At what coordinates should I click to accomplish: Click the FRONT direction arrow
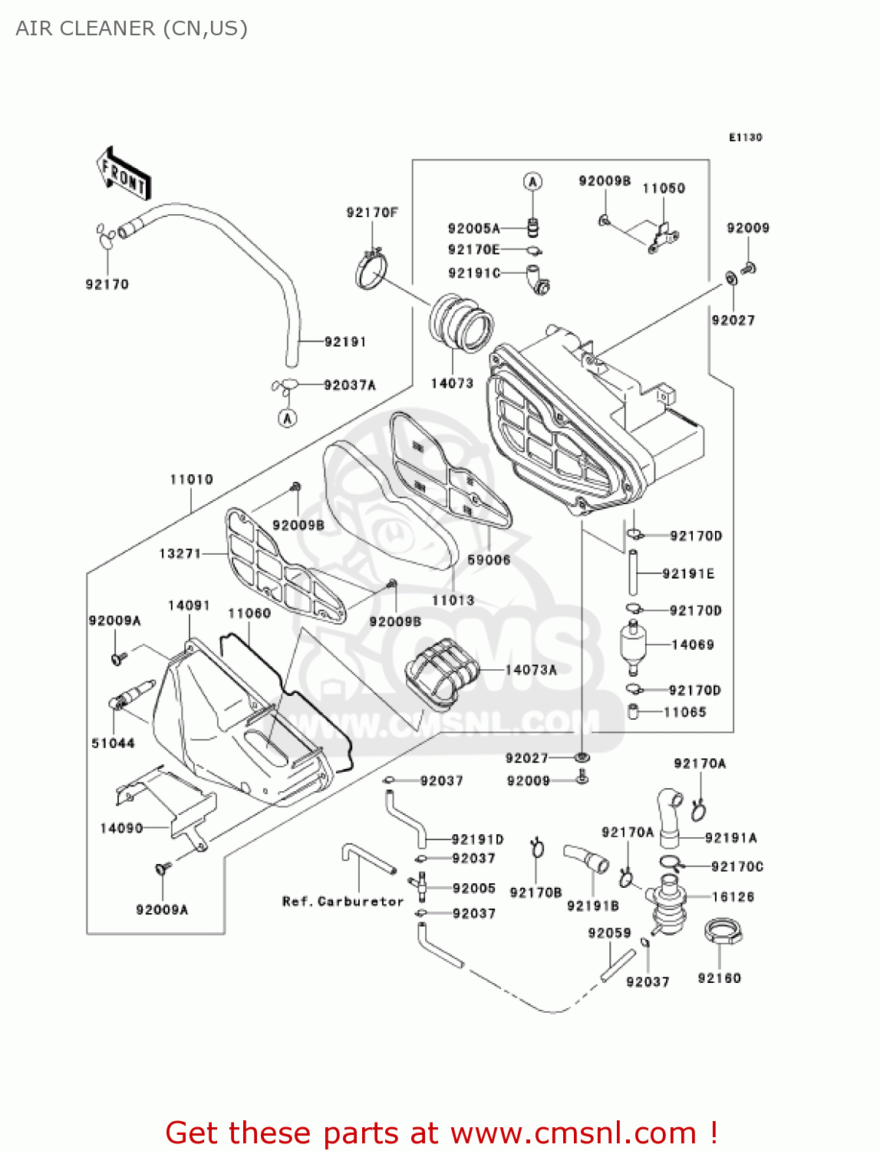tap(123, 174)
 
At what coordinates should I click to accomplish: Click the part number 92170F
tap(372, 213)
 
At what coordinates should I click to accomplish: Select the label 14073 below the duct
tap(452, 383)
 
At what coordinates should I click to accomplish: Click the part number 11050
tap(664, 189)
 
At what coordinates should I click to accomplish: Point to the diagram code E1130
tap(745, 137)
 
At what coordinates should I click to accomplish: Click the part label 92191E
tap(688, 574)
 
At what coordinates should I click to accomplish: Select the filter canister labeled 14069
tap(633, 644)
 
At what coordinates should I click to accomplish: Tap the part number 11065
tap(684, 712)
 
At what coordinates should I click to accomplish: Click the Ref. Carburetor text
tap(343, 902)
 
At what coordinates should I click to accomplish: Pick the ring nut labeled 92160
tap(720, 934)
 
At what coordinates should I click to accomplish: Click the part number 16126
tap(733, 896)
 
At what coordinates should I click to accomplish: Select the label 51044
tap(113, 743)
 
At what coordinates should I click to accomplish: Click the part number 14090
tap(121, 828)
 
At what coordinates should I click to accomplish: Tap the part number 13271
tap(180, 553)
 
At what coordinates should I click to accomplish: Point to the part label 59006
tap(489, 560)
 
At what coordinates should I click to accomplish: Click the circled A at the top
tap(532, 182)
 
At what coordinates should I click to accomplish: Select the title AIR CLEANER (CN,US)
tap(131, 28)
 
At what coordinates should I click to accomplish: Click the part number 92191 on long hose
tap(345, 341)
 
